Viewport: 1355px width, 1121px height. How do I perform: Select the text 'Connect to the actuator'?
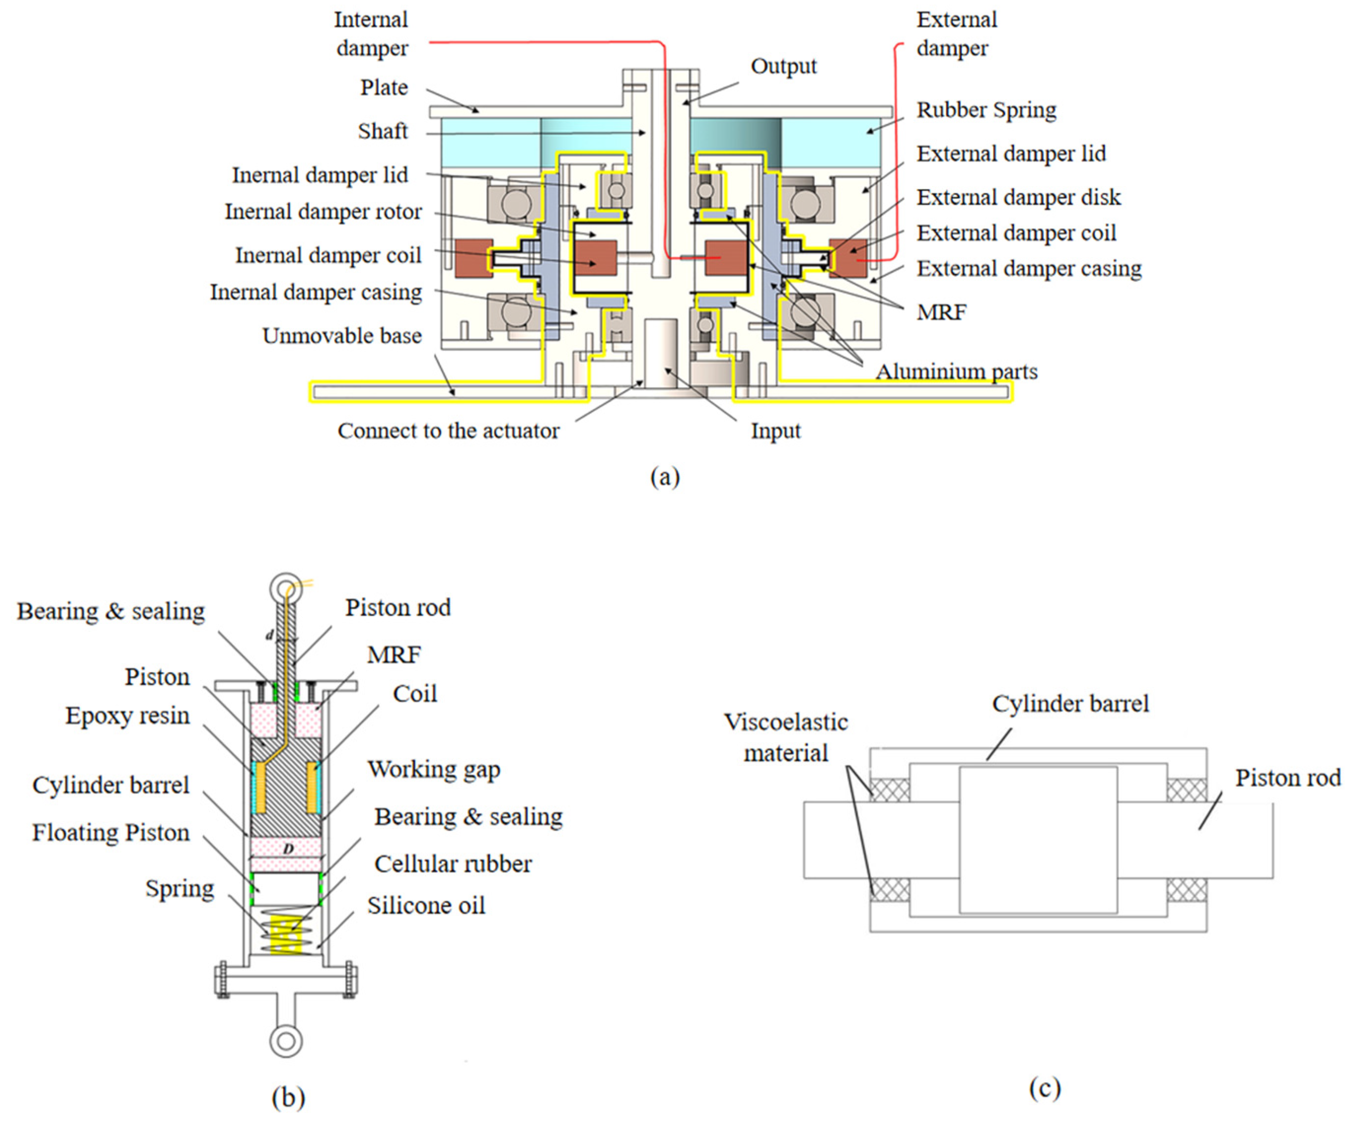point(448,431)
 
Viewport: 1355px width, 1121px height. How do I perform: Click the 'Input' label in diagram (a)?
point(775,431)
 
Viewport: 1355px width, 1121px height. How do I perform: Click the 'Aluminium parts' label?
point(956,372)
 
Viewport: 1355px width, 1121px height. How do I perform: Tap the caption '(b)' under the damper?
point(288,1096)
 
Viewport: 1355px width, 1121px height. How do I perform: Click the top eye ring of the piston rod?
point(286,588)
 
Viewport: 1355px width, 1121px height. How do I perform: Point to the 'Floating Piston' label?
point(111,833)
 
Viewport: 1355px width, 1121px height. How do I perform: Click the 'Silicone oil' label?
point(426,906)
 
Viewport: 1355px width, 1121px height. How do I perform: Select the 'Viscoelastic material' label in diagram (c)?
point(785,738)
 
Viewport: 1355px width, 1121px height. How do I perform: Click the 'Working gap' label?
point(434,770)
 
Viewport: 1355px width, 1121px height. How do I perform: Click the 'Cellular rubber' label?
point(453,864)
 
